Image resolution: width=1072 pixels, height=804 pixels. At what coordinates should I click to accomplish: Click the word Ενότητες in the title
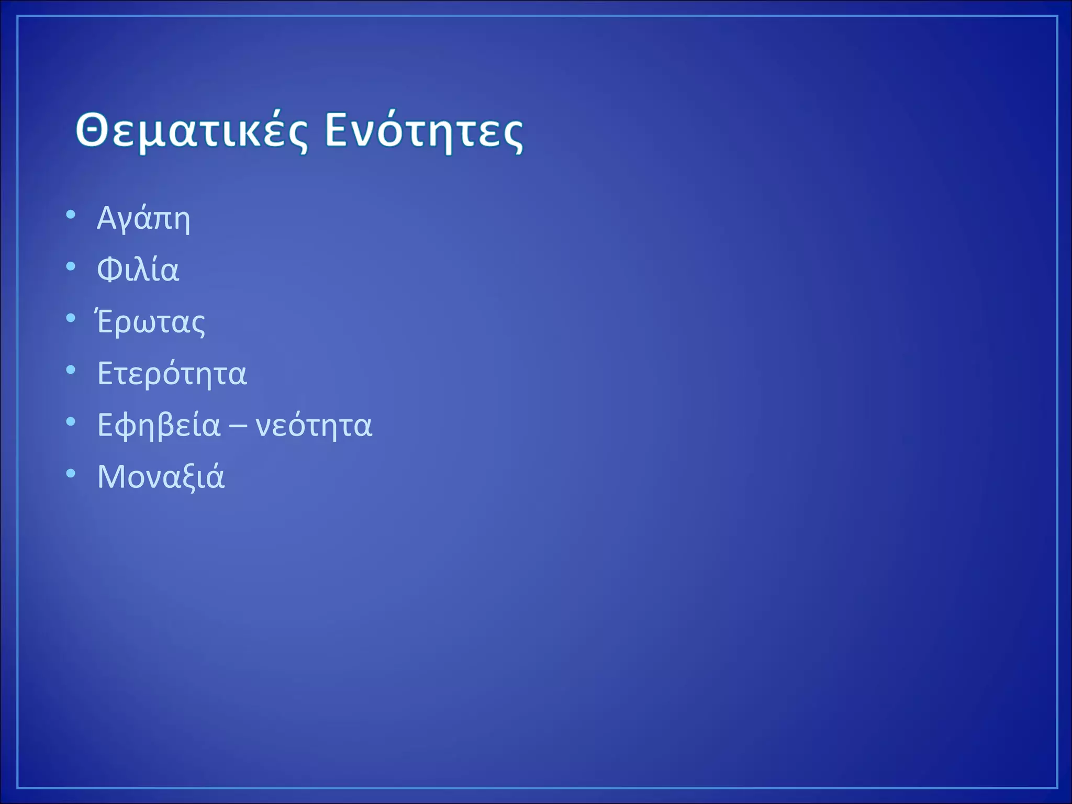click(424, 131)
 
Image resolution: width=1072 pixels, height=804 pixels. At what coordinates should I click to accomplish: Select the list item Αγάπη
click(143, 219)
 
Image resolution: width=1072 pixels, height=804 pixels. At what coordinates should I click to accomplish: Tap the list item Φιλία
click(138, 270)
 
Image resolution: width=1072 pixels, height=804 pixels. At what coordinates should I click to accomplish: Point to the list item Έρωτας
click(151, 322)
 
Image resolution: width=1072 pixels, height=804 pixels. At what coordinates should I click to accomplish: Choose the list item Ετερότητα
click(172, 374)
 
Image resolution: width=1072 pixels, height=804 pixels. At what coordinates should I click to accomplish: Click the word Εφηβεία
click(159, 426)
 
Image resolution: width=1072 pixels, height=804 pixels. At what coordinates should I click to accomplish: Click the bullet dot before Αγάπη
click(71, 215)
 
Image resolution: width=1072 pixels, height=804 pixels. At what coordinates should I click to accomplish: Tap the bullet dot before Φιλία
click(71, 266)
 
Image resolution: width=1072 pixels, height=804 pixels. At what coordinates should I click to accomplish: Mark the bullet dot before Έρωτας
click(71, 318)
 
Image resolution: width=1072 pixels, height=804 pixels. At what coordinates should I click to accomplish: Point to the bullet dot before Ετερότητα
click(71, 370)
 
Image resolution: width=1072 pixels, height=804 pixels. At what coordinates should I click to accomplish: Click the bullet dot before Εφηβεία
click(71, 422)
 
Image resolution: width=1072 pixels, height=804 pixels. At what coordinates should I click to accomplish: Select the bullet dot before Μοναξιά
click(71, 474)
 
